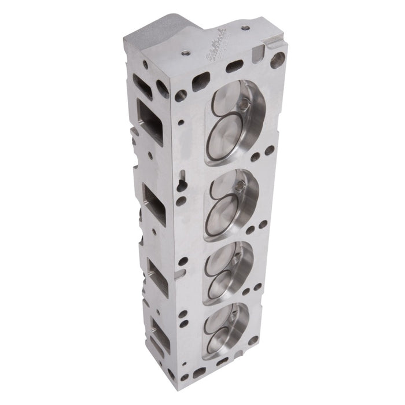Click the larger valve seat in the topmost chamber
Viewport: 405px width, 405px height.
click(x=230, y=132)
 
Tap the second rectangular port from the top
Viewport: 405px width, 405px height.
click(x=154, y=204)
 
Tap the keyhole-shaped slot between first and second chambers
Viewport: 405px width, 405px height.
click(x=182, y=174)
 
